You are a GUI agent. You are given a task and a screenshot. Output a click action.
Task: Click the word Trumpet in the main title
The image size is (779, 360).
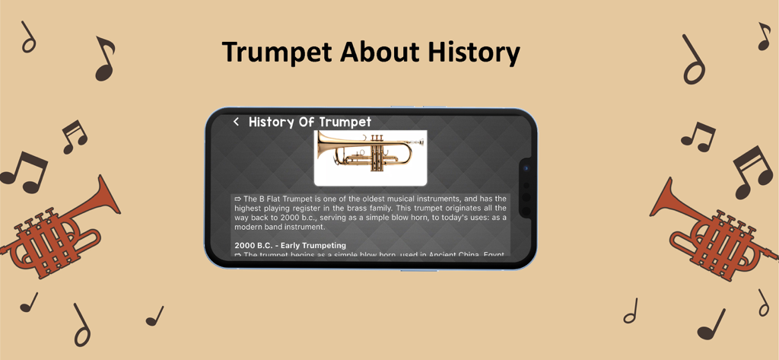pos(277,53)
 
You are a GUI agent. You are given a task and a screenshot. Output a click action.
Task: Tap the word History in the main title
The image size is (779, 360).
pos(473,53)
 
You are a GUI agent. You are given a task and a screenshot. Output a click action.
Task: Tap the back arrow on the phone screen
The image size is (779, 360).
pos(236,122)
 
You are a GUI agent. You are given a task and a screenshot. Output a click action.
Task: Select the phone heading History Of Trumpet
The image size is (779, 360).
pos(310,122)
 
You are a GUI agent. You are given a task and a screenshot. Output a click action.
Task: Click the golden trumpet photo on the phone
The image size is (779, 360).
pos(370,157)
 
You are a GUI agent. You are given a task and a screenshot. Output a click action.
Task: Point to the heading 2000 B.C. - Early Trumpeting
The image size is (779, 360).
pos(290,245)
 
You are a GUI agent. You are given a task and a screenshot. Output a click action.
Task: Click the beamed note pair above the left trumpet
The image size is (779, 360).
pos(74,135)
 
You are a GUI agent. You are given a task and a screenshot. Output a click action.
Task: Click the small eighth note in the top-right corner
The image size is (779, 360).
pos(763,37)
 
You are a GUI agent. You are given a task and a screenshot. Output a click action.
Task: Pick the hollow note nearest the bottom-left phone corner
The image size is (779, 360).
pos(81,326)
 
